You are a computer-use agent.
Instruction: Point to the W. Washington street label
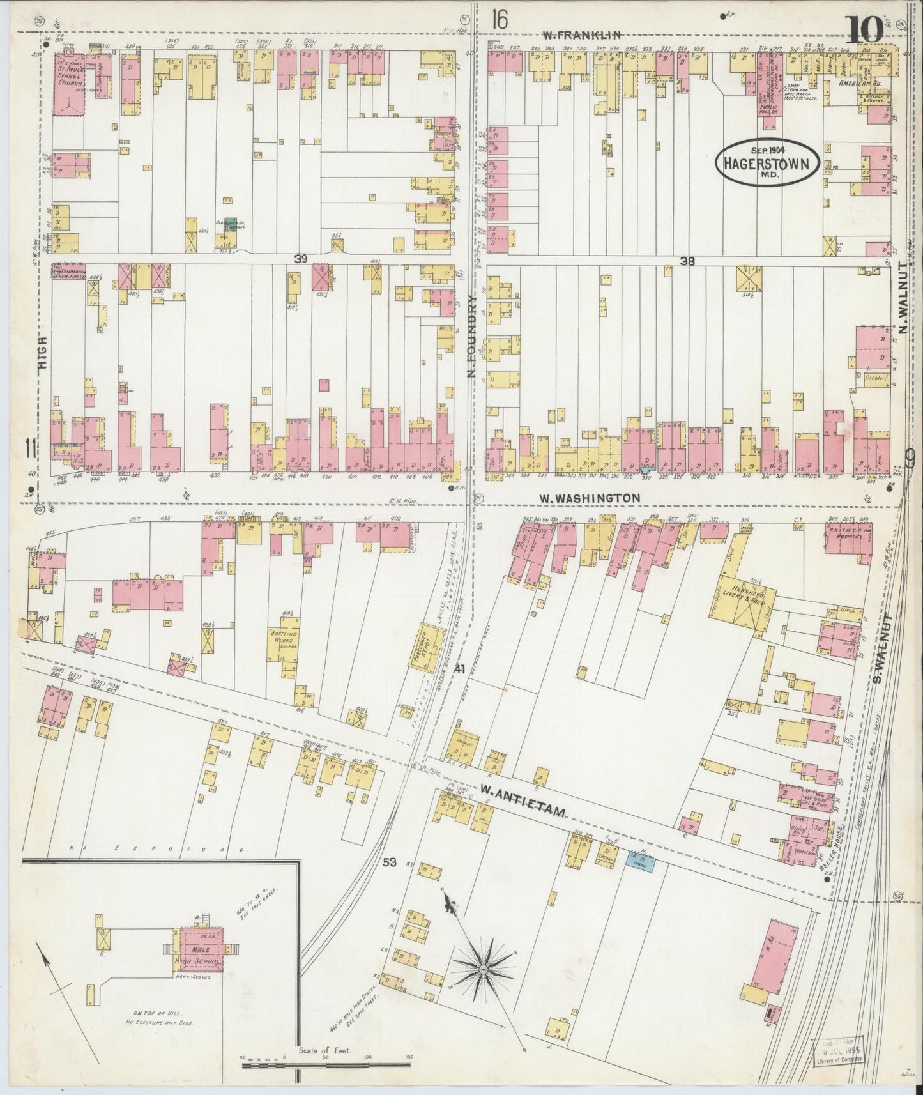(x=589, y=497)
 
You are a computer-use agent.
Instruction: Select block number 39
(x=300, y=258)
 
